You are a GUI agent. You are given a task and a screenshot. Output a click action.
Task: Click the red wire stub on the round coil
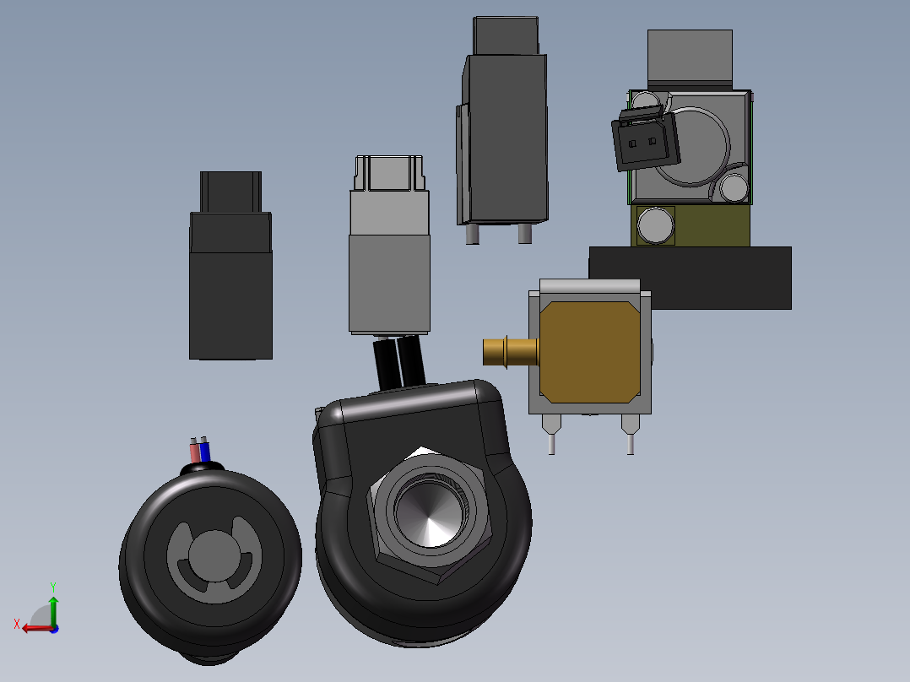[x=195, y=451]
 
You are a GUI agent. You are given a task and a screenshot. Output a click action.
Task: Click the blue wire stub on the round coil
[x=204, y=450]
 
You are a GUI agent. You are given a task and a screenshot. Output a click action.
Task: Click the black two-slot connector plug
[x=645, y=139]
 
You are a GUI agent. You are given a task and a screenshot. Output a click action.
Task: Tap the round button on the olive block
[x=656, y=225]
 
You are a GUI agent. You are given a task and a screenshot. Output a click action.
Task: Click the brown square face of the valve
[x=590, y=352]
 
